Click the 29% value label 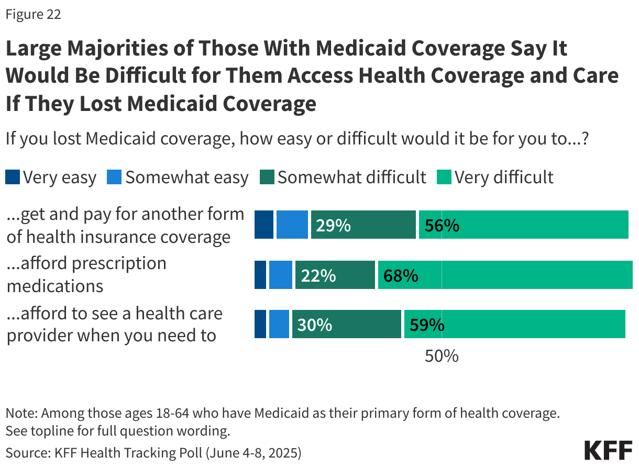click(x=333, y=225)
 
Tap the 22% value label click(x=318, y=275)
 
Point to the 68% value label click(x=401, y=275)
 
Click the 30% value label click(x=315, y=325)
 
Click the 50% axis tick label click(x=442, y=356)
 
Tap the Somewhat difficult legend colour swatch click(x=267, y=177)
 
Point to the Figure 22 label click(x=33, y=14)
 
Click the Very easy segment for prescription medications click(x=260, y=275)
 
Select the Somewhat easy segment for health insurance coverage click(x=292, y=225)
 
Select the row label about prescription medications click(x=86, y=274)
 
